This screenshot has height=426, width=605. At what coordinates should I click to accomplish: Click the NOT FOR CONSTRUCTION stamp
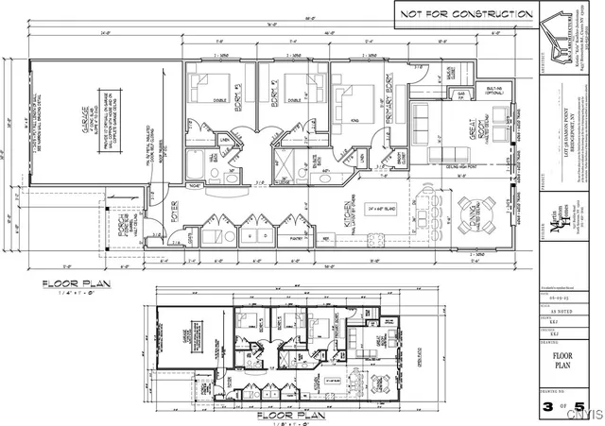pyautogui.click(x=465, y=14)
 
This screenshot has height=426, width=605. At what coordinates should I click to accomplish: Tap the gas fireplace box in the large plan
pyautogui.click(x=461, y=96)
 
